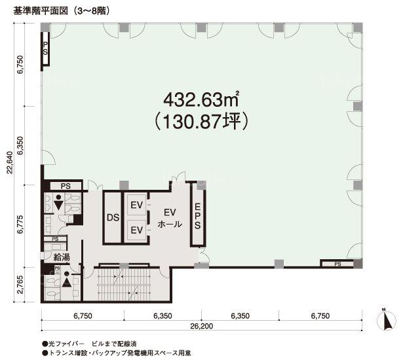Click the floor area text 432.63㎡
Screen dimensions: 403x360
201,99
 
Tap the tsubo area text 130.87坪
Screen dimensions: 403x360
201,121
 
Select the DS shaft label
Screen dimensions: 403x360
113,217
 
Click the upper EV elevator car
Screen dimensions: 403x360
137,205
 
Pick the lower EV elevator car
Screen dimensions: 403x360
137,230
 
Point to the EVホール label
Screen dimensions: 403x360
170,218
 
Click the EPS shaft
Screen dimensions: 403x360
197,216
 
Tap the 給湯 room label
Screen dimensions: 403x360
62,257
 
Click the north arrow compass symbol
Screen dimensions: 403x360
387,320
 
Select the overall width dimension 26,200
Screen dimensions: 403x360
202,326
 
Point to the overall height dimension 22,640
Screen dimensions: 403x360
10,163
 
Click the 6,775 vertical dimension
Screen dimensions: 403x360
20,224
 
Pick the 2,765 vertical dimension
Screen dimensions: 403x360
21,285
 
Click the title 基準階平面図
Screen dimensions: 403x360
41,11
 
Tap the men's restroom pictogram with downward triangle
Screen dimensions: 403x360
59,203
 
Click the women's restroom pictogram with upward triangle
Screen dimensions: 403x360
67,280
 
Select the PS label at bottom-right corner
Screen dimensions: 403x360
337,264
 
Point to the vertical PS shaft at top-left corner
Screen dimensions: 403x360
45,48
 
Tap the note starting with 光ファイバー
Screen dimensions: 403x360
90,344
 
